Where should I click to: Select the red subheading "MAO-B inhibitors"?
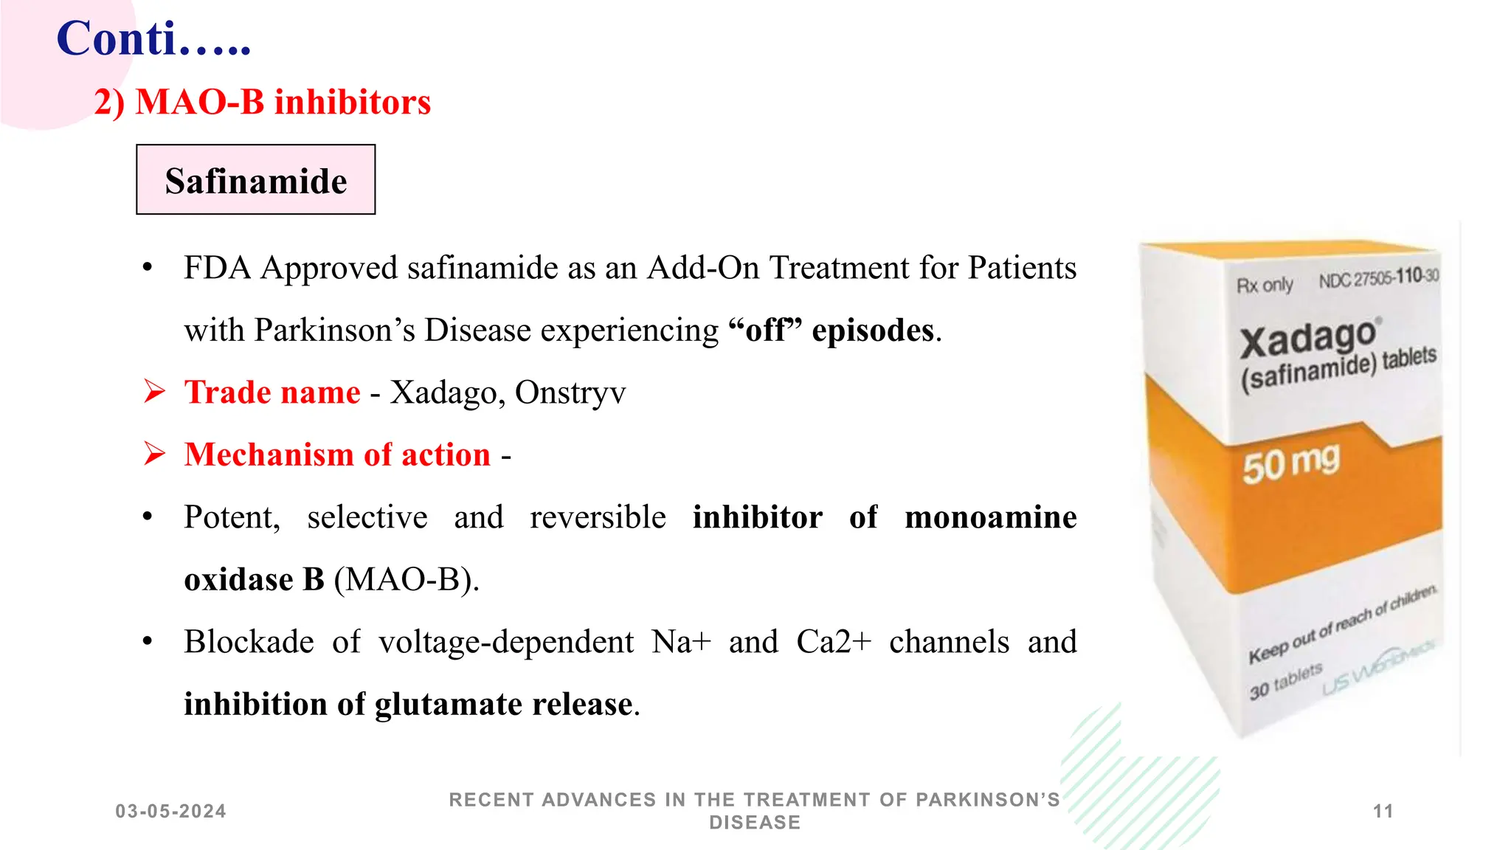click(x=283, y=102)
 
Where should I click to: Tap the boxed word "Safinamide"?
click(x=256, y=181)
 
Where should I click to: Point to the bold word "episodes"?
click(x=873, y=330)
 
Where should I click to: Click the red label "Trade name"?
click(x=272, y=392)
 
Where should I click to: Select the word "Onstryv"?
click(x=570, y=393)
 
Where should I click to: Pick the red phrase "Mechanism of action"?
click(x=337, y=455)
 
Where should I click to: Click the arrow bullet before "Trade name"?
click(x=154, y=391)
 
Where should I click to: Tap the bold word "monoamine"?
click(x=990, y=517)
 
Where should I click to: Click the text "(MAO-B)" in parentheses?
click(x=407, y=579)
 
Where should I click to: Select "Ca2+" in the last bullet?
click(x=833, y=642)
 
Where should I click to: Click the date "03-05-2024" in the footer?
click(x=171, y=812)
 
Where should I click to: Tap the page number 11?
click(x=1383, y=812)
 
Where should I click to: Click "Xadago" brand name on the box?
click(x=1307, y=339)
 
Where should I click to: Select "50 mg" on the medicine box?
click(x=1290, y=463)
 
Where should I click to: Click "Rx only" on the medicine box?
click(x=1265, y=285)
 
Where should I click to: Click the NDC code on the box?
click(x=1378, y=278)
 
